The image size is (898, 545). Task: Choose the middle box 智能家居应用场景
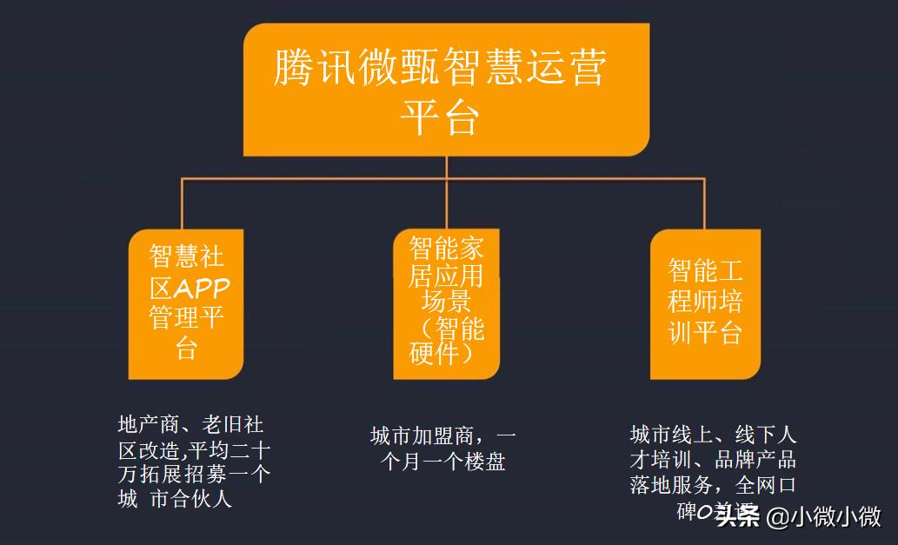pyautogui.click(x=447, y=304)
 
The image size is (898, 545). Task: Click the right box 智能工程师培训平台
pyautogui.click(x=705, y=304)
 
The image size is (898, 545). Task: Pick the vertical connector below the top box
pyautogui.click(x=446, y=167)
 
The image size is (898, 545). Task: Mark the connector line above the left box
pyautogui.click(x=181, y=204)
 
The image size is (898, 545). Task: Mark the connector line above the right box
pyautogui.click(x=704, y=204)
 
